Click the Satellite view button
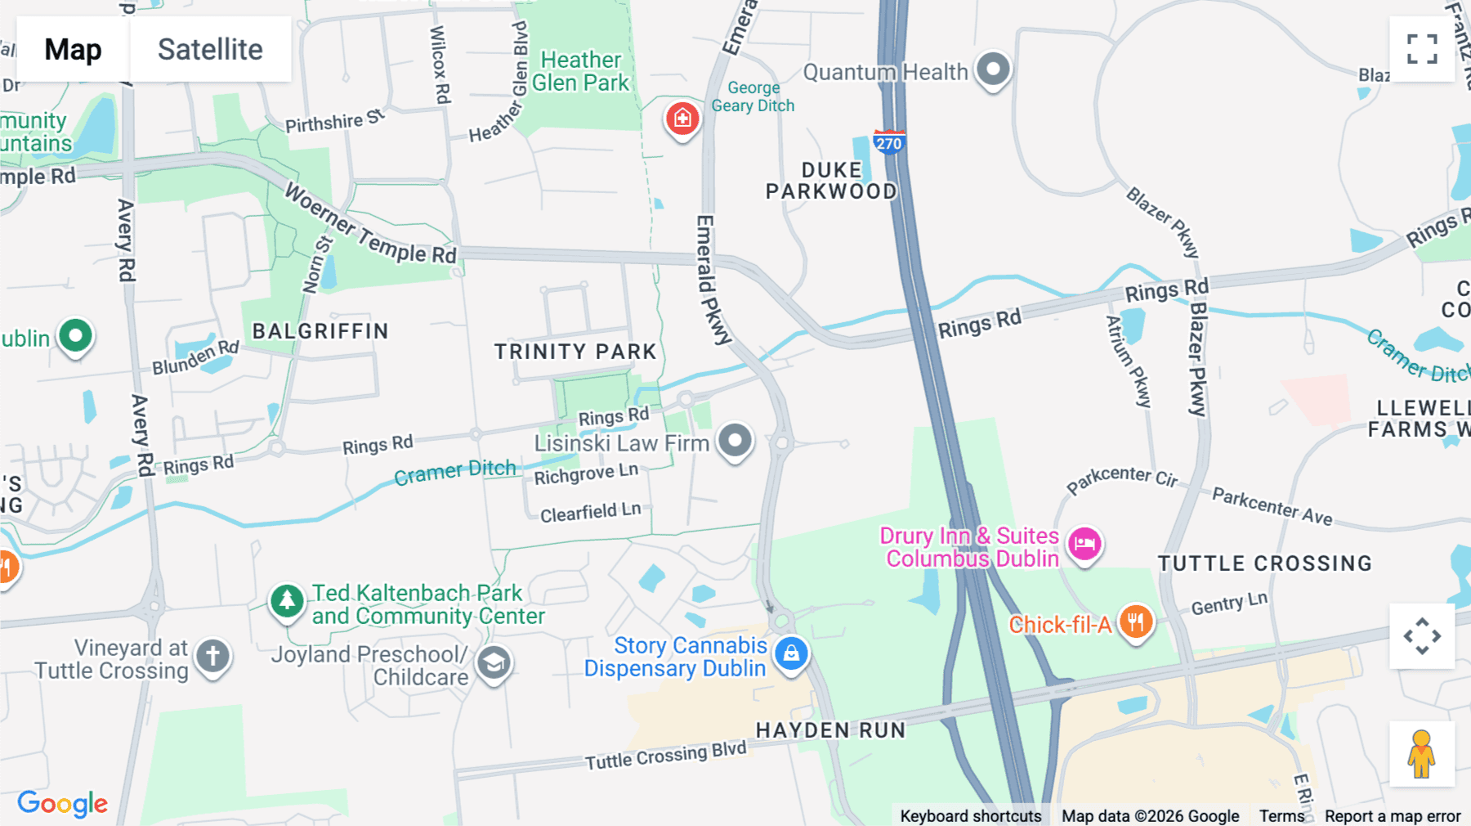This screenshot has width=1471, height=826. coord(210,49)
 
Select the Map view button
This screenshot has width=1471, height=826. coord(73,49)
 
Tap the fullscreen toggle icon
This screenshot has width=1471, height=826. coord(1422,49)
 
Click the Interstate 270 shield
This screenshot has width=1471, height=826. coord(888,142)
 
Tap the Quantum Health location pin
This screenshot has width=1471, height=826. coord(993,70)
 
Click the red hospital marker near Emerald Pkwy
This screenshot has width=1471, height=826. coord(682,119)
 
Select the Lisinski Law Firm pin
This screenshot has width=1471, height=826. coord(735,440)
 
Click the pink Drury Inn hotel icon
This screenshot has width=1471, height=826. coord(1084,543)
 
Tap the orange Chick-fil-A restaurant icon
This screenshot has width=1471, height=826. coord(1135,622)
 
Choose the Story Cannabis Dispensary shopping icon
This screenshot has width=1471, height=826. coord(790,653)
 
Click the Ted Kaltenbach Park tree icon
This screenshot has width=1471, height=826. coord(287,602)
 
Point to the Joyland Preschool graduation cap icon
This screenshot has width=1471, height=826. coord(494,663)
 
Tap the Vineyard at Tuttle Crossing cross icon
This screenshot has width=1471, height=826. coord(212,656)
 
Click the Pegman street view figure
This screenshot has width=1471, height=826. coord(1421,753)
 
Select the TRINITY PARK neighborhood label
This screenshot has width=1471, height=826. coord(575,352)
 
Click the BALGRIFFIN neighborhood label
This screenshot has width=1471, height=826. coord(320,331)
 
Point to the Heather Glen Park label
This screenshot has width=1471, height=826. coord(581,71)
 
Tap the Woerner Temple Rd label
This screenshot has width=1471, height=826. coord(369,225)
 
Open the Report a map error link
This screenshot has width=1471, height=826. coord(1392,816)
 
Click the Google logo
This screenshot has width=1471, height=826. coord(62,804)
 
